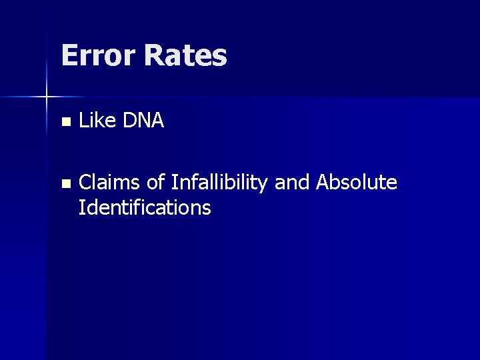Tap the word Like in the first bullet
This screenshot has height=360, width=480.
(95, 121)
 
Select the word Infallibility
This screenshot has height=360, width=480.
(220, 183)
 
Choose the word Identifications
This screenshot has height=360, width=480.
(145, 208)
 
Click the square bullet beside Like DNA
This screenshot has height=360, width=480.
(64, 123)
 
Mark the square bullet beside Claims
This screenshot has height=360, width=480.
(64, 184)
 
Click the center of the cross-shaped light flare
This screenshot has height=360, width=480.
(47, 97)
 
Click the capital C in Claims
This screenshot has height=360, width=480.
(85, 183)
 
